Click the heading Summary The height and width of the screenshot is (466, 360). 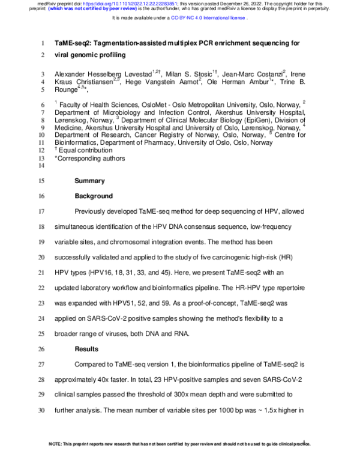(x=89, y=181)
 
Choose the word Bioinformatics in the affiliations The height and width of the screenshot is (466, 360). (x=78, y=143)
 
